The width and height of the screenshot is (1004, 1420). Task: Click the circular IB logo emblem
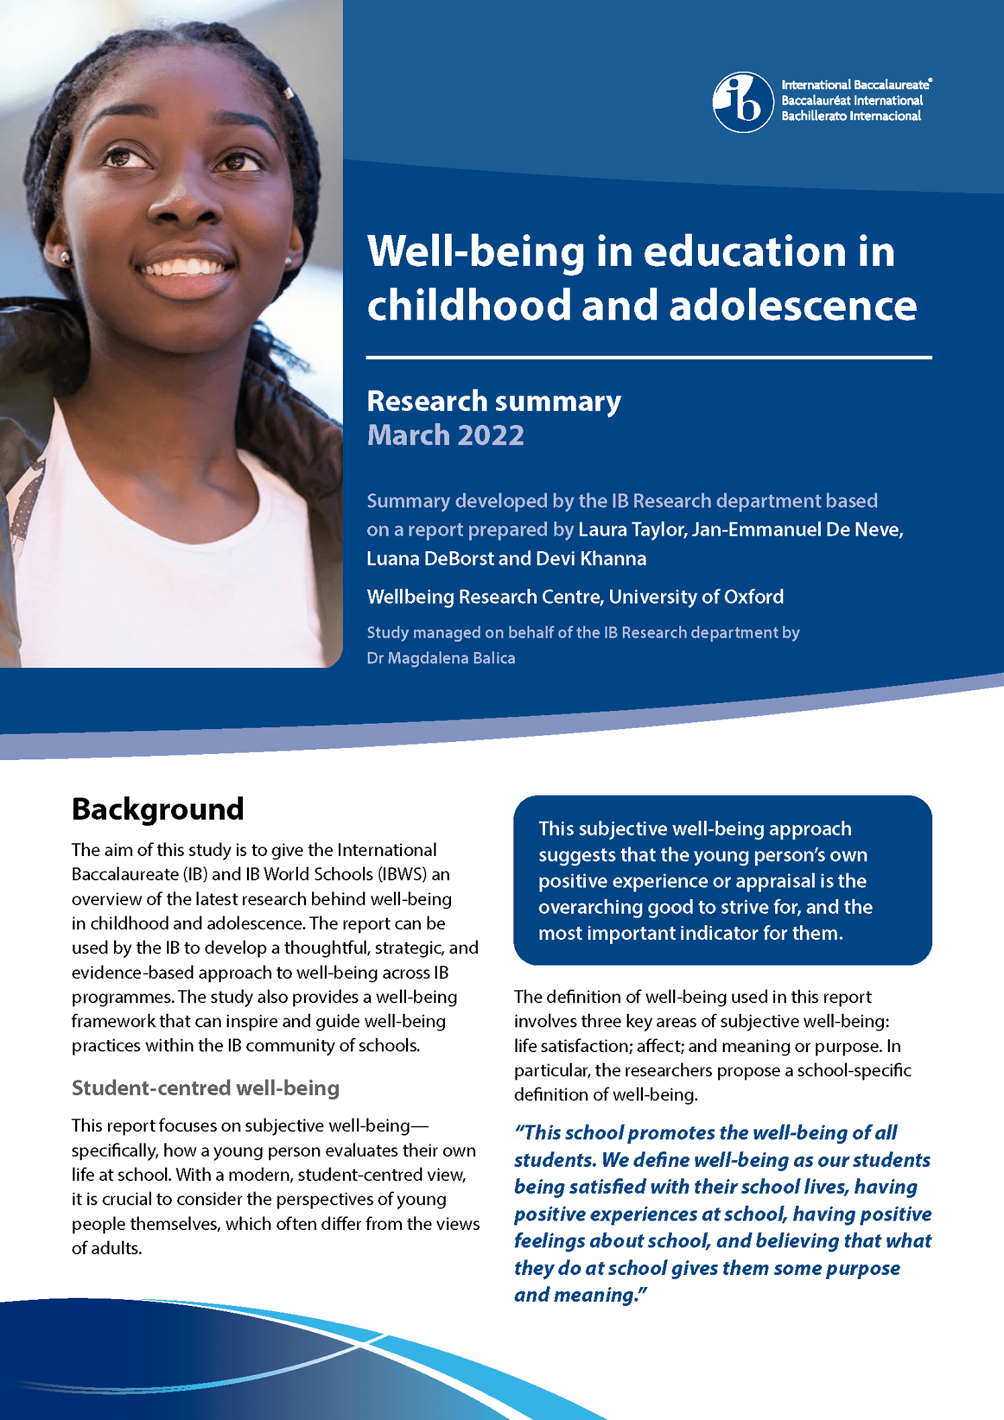click(x=743, y=102)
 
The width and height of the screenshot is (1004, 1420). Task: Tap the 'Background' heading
click(x=158, y=809)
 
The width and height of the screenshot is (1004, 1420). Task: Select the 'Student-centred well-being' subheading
click(x=205, y=1088)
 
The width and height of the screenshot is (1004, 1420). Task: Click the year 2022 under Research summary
click(x=491, y=435)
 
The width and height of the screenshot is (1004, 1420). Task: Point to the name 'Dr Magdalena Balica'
click(x=441, y=658)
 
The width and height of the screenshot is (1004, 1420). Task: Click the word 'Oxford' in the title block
click(x=752, y=596)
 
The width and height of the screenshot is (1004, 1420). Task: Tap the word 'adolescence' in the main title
click(x=793, y=305)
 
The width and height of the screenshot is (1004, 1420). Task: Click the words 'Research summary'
click(x=494, y=401)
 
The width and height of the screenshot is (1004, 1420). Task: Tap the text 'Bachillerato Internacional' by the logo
click(x=851, y=116)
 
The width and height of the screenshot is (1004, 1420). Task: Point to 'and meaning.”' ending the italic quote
click(x=581, y=1295)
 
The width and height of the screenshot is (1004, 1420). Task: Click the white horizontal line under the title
click(x=648, y=358)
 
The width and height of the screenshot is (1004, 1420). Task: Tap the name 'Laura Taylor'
click(x=632, y=530)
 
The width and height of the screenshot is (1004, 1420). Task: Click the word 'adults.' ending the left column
click(x=107, y=1248)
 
